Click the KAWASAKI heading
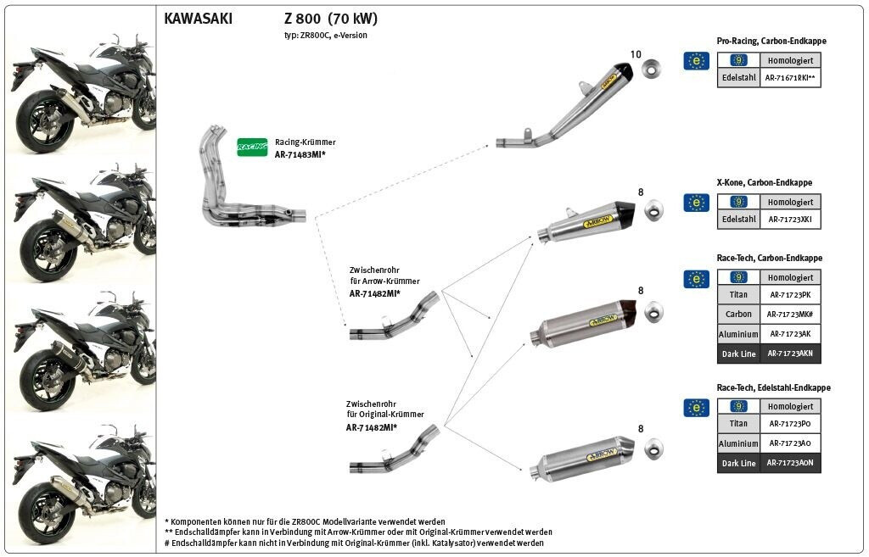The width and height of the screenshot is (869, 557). (x=198, y=19)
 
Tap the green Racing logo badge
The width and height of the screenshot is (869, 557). (x=252, y=147)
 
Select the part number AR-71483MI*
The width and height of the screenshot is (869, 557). (x=300, y=155)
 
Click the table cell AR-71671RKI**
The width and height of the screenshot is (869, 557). (x=790, y=78)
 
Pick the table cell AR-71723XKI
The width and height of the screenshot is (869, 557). (x=790, y=220)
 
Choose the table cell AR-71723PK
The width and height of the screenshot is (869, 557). (x=790, y=294)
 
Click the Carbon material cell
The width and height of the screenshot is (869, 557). (x=738, y=314)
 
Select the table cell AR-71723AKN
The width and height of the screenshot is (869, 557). (x=790, y=354)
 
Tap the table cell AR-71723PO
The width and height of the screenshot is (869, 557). (x=790, y=424)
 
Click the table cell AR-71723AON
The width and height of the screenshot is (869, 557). (x=790, y=463)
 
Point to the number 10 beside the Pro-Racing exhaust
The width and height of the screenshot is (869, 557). (x=635, y=54)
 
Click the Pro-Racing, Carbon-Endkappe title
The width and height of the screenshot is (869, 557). (x=771, y=41)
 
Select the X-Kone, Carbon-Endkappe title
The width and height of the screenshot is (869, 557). (x=765, y=183)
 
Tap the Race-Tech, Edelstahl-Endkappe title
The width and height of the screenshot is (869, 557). (x=774, y=387)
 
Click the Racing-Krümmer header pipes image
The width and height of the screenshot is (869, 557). (x=252, y=176)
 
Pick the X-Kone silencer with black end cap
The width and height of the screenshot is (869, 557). (x=586, y=221)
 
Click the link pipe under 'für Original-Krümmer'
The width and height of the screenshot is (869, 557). (x=394, y=449)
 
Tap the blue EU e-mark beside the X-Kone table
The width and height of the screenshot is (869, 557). (x=696, y=203)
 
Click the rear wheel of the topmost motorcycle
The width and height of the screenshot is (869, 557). (x=42, y=123)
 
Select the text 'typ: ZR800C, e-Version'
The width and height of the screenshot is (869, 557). (x=326, y=36)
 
